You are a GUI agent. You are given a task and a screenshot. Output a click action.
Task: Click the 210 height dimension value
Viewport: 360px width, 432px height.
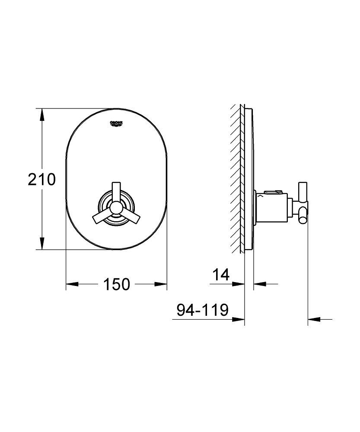[42, 179]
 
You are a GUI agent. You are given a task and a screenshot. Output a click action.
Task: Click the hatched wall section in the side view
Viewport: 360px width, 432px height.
[237, 181]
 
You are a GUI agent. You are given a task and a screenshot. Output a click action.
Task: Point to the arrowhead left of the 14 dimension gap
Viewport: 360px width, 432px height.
[239, 284]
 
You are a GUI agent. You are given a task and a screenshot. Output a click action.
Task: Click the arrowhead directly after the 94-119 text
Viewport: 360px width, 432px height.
[239, 320]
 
